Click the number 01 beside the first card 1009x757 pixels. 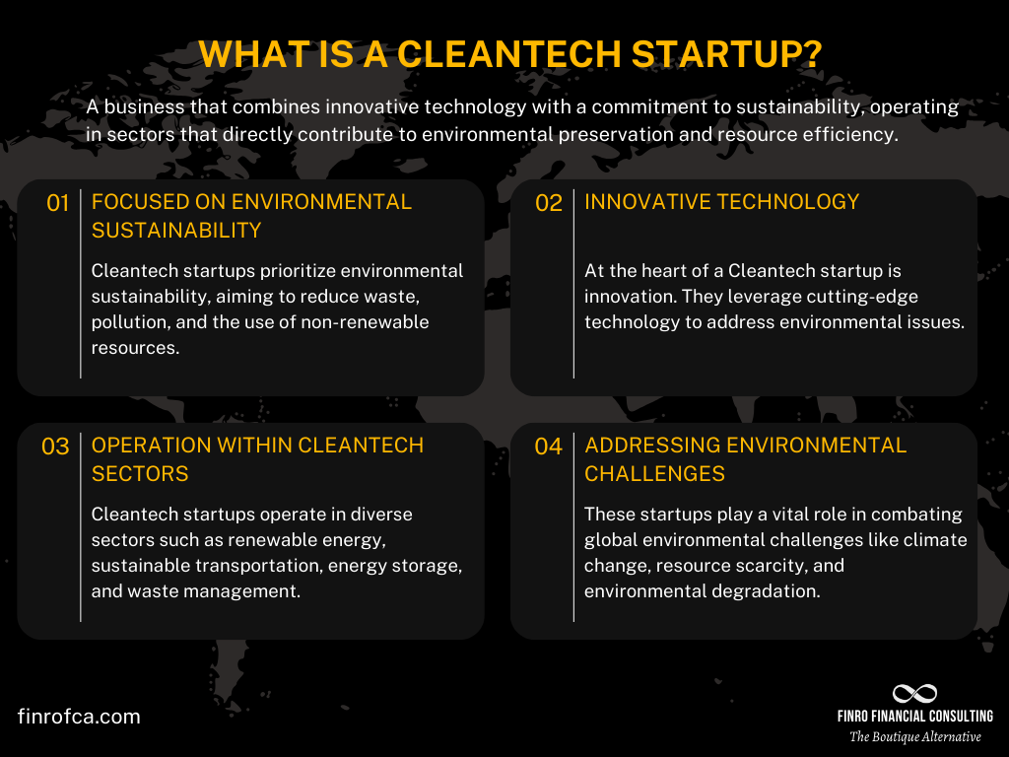click(x=58, y=203)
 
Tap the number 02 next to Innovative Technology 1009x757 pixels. click(x=548, y=203)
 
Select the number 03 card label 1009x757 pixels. click(x=55, y=447)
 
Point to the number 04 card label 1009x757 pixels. click(x=548, y=447)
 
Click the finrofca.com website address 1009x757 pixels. click(x=79, y=717)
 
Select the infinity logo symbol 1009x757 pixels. click(x=913, y=694)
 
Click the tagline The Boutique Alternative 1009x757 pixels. click(x=915, y=736)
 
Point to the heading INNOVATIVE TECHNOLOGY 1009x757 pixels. click(x=721, y=202)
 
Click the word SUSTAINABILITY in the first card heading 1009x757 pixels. click(x=176, y=231)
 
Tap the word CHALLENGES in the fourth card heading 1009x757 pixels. click(x=654, y=474)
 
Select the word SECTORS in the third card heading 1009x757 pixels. click(x=140, y=474)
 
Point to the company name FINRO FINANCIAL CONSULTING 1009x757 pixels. click(x=915, y=717)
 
